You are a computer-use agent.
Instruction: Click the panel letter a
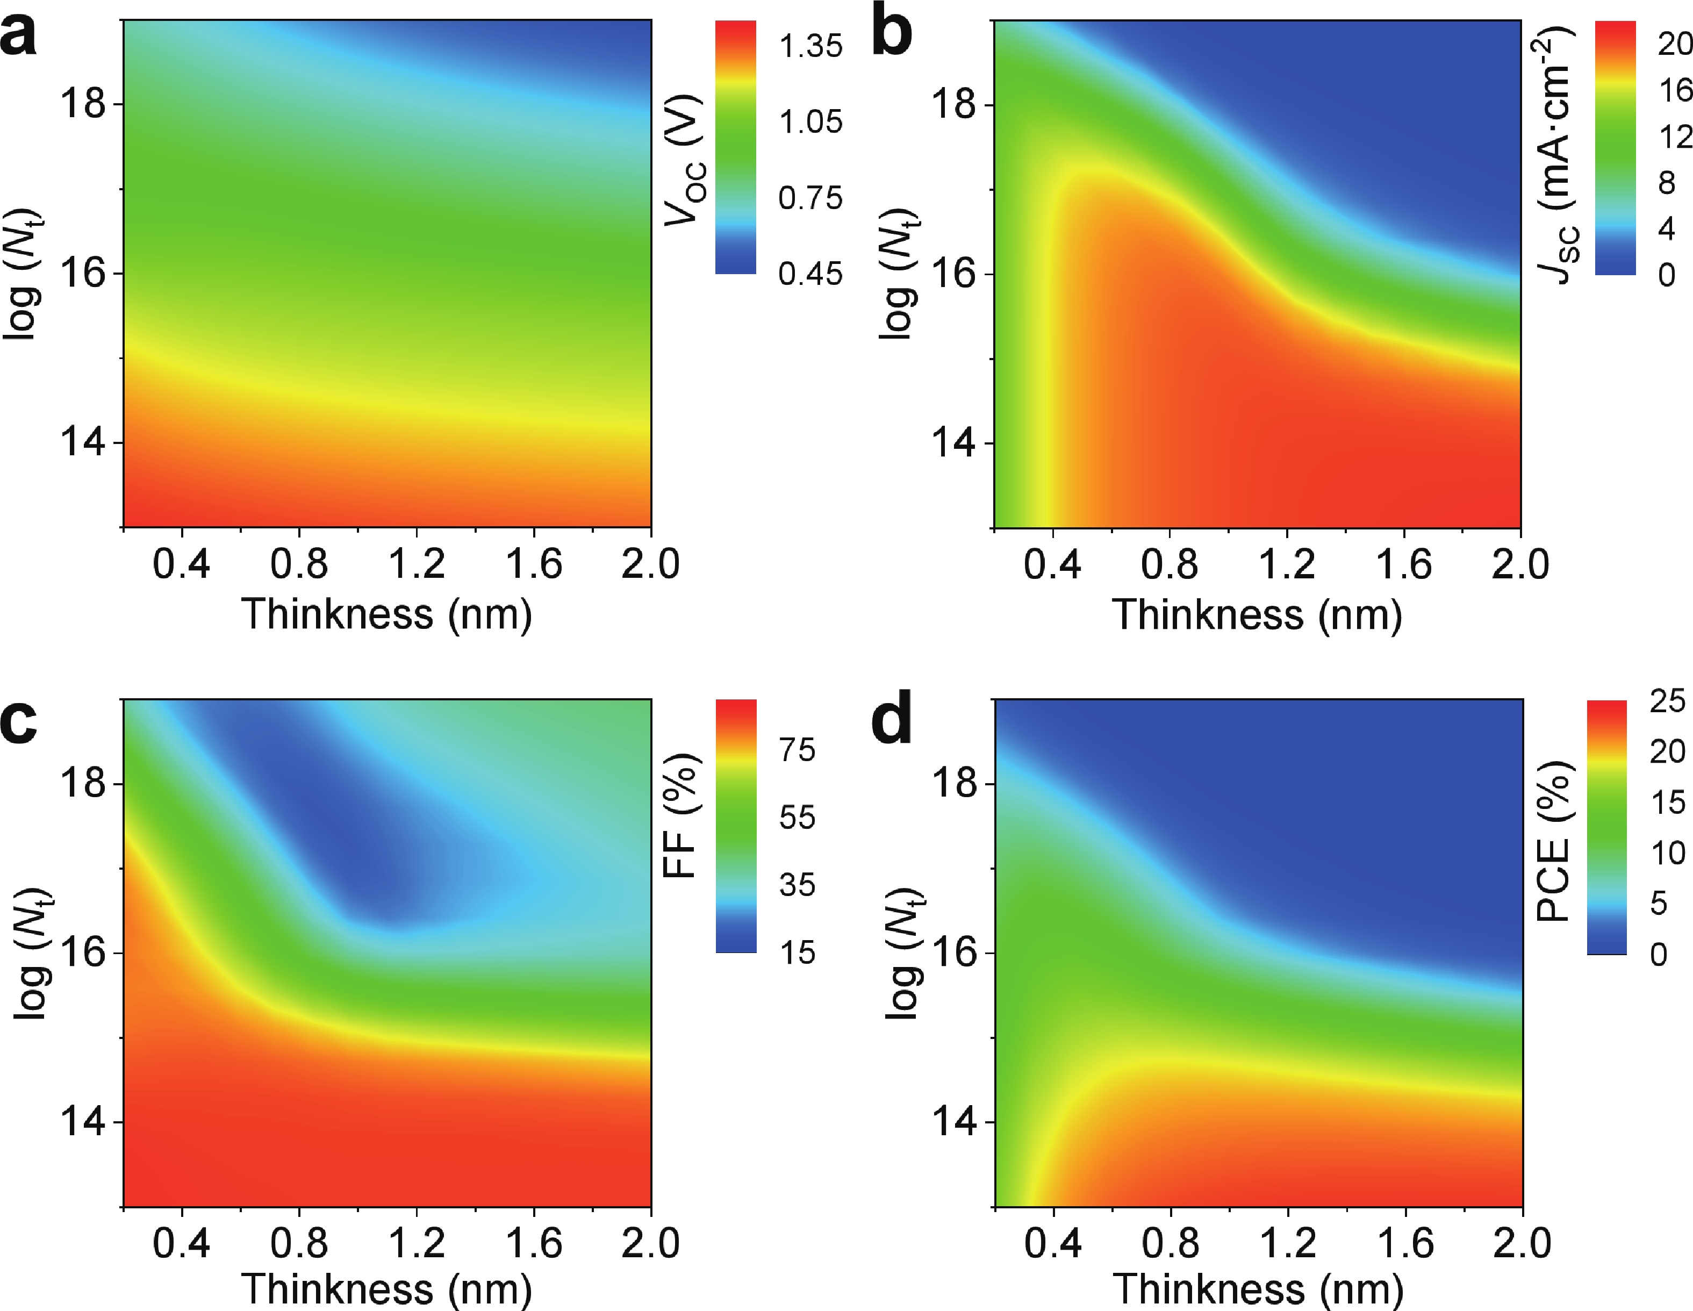coord(19,35)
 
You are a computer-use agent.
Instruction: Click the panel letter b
coord(892,35)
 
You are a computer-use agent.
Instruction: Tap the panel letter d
coord(892,721)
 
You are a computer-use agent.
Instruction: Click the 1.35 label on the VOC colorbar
coord(810,47)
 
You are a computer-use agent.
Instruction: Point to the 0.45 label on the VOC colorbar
coord(810,274)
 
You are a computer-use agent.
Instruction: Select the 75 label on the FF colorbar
coord(797,750)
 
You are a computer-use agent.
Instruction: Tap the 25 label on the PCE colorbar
coord(1667,701)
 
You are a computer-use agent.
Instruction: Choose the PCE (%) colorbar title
coord(1553,841)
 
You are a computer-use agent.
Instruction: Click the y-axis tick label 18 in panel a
coord(83,103)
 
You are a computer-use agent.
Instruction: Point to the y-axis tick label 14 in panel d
coord(953,1121)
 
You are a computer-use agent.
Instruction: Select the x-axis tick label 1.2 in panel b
coord(1286,564)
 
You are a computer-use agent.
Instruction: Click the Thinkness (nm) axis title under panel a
coord(386,615)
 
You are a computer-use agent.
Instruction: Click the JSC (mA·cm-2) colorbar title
coord(1556,155)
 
